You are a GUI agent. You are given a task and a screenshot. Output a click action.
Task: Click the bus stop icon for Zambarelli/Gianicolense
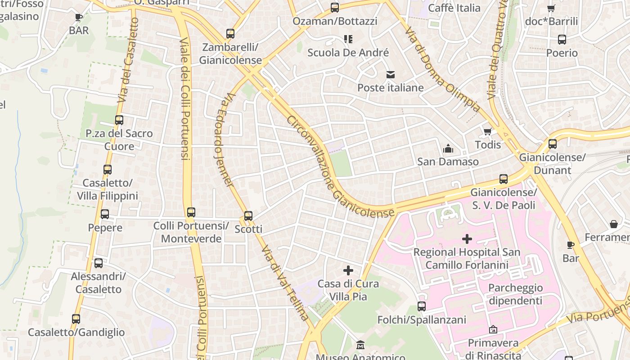(x=230, y=34)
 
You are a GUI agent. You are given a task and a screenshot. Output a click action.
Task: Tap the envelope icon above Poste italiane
(x=390, y=74)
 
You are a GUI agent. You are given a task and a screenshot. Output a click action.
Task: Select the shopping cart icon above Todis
(x=487, y=131)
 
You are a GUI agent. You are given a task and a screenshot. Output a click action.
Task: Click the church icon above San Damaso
(x=448, y=148)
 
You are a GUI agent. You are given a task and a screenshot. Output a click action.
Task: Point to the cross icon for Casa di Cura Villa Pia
(x=348, y=270)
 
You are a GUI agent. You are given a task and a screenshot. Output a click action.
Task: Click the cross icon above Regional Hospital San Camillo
(x=467, y=238)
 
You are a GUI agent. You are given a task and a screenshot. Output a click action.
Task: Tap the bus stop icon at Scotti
(x=248, y=216)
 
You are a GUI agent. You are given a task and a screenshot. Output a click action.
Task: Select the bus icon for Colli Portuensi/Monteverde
(x=191, y=212)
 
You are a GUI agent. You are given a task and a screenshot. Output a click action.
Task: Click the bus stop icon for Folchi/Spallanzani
(x=422, y=306)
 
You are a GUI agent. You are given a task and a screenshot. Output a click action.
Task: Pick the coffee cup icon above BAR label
(x=79, y=18)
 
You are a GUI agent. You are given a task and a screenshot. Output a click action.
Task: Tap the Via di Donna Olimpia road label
(x=442, y=70)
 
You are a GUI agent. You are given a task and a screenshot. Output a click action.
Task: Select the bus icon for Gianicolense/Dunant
(x=553, y=144)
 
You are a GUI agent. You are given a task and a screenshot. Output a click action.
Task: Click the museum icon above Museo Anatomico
(x=360, y=345)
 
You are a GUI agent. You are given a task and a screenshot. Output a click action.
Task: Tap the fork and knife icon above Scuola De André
(x=348, y=39)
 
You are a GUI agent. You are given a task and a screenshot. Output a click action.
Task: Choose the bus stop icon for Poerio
(x=562, y=40)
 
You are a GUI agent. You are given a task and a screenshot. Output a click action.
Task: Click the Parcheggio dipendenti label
(x=515, y=294)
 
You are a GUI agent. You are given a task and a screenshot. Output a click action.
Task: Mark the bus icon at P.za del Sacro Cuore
(x=119, y=120)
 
